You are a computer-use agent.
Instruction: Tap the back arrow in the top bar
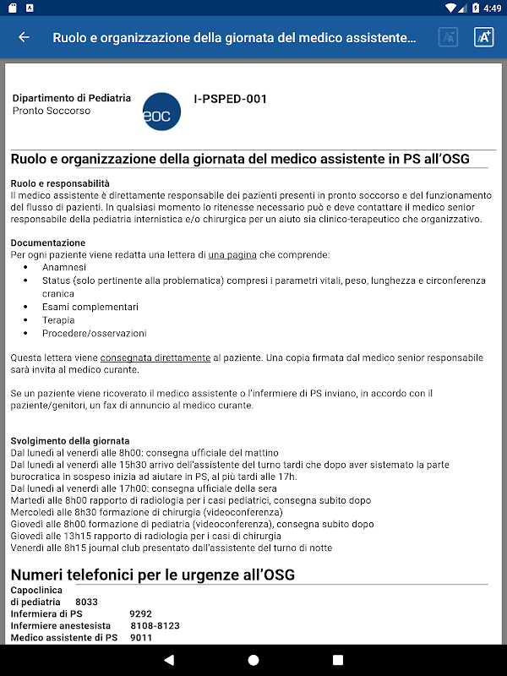(x=24, y=37)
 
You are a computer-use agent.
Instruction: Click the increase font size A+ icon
(x=483, y=37)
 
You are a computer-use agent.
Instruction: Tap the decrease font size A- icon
(x=448, y=37)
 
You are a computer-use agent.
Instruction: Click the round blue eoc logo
(x=161, y=111)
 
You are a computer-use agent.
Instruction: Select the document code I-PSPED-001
(x=230, y=99)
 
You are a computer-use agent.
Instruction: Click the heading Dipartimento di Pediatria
(x=72, y=98)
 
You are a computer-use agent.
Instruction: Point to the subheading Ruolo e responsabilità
(x=60, y=183)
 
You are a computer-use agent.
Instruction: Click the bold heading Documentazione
(x=48, y=243)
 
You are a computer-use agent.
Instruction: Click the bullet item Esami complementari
(x=90, y=307)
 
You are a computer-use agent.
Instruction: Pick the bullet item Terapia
(x=58, y=320)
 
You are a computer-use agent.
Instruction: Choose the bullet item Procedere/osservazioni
(x=94, y=333)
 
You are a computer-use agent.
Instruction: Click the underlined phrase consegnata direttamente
(x=155, y=358)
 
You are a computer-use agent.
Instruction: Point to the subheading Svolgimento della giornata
(x=70, y=441)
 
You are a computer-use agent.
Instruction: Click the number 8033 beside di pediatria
(x=87, y=602)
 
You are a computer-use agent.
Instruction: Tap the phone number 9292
(x=141, y=613)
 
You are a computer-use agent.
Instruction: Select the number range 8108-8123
(x=155, y=625)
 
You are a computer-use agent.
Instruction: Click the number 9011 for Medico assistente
(x=142, y=637)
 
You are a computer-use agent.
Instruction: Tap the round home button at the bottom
(x=253, y=659)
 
